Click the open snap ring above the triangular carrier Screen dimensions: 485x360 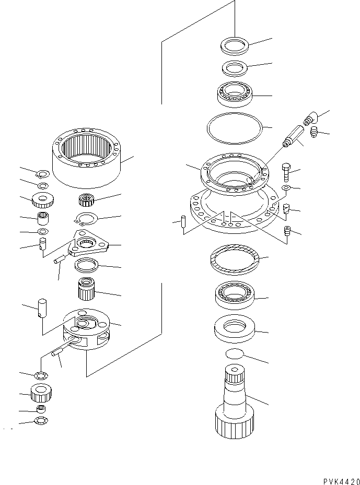pyautogui.click(x=86, y=219)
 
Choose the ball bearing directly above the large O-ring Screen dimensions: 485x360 pyautogui.click(x=235, y=96)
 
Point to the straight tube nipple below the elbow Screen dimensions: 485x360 pyautogui.click(x=292, y=135)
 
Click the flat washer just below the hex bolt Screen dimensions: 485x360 pyautogui.click(x=285, y=187)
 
